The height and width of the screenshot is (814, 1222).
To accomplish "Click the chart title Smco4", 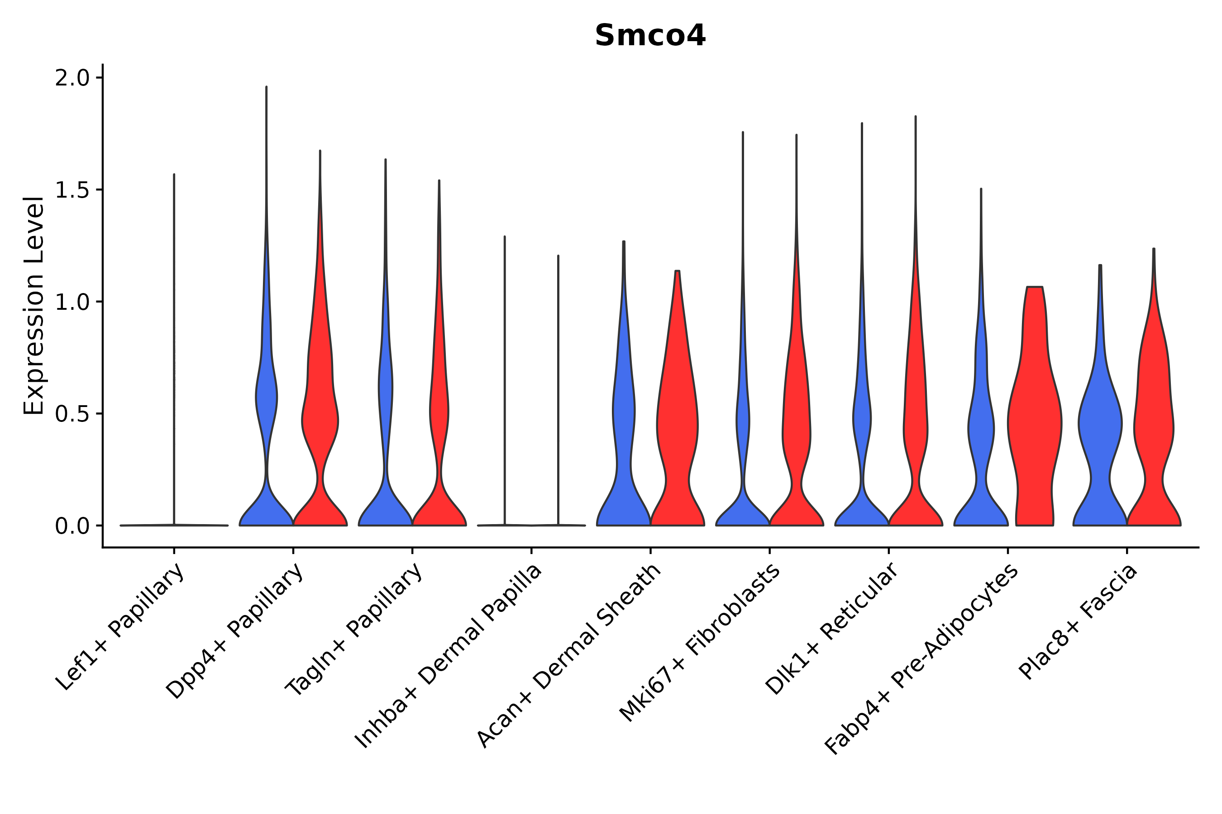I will [650, 36].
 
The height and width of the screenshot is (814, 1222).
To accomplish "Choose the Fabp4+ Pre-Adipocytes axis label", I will [921, 659].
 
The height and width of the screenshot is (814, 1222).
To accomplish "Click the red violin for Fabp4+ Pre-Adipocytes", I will [1034, 426].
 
